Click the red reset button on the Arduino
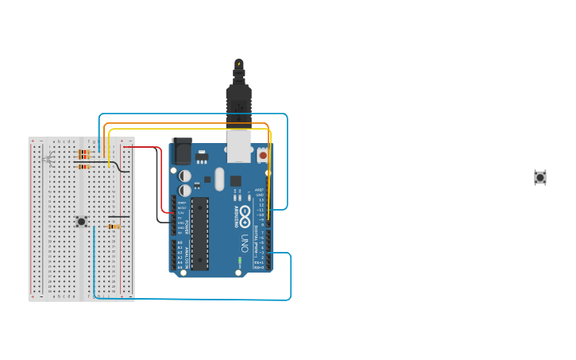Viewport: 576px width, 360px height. tap(263, 155)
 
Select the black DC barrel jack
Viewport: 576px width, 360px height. tap(181, 151)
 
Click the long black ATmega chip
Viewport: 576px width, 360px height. tap(199, 233)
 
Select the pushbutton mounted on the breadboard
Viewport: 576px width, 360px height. tap(81, 221)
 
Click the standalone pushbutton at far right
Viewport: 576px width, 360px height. tap(540, 177)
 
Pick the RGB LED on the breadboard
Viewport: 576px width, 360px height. tap(49, 160)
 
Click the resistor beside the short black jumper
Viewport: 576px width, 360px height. tap(114, 226)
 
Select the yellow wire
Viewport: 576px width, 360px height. tap(191, 129)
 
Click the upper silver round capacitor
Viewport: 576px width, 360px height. tap(184, 175)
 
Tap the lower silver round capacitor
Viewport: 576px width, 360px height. tap(184, 191)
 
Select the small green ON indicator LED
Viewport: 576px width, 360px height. tap(239, 259)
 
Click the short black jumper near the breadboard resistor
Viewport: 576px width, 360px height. tap(119, 216)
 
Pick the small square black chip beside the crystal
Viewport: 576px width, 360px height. tap(235, 180)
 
